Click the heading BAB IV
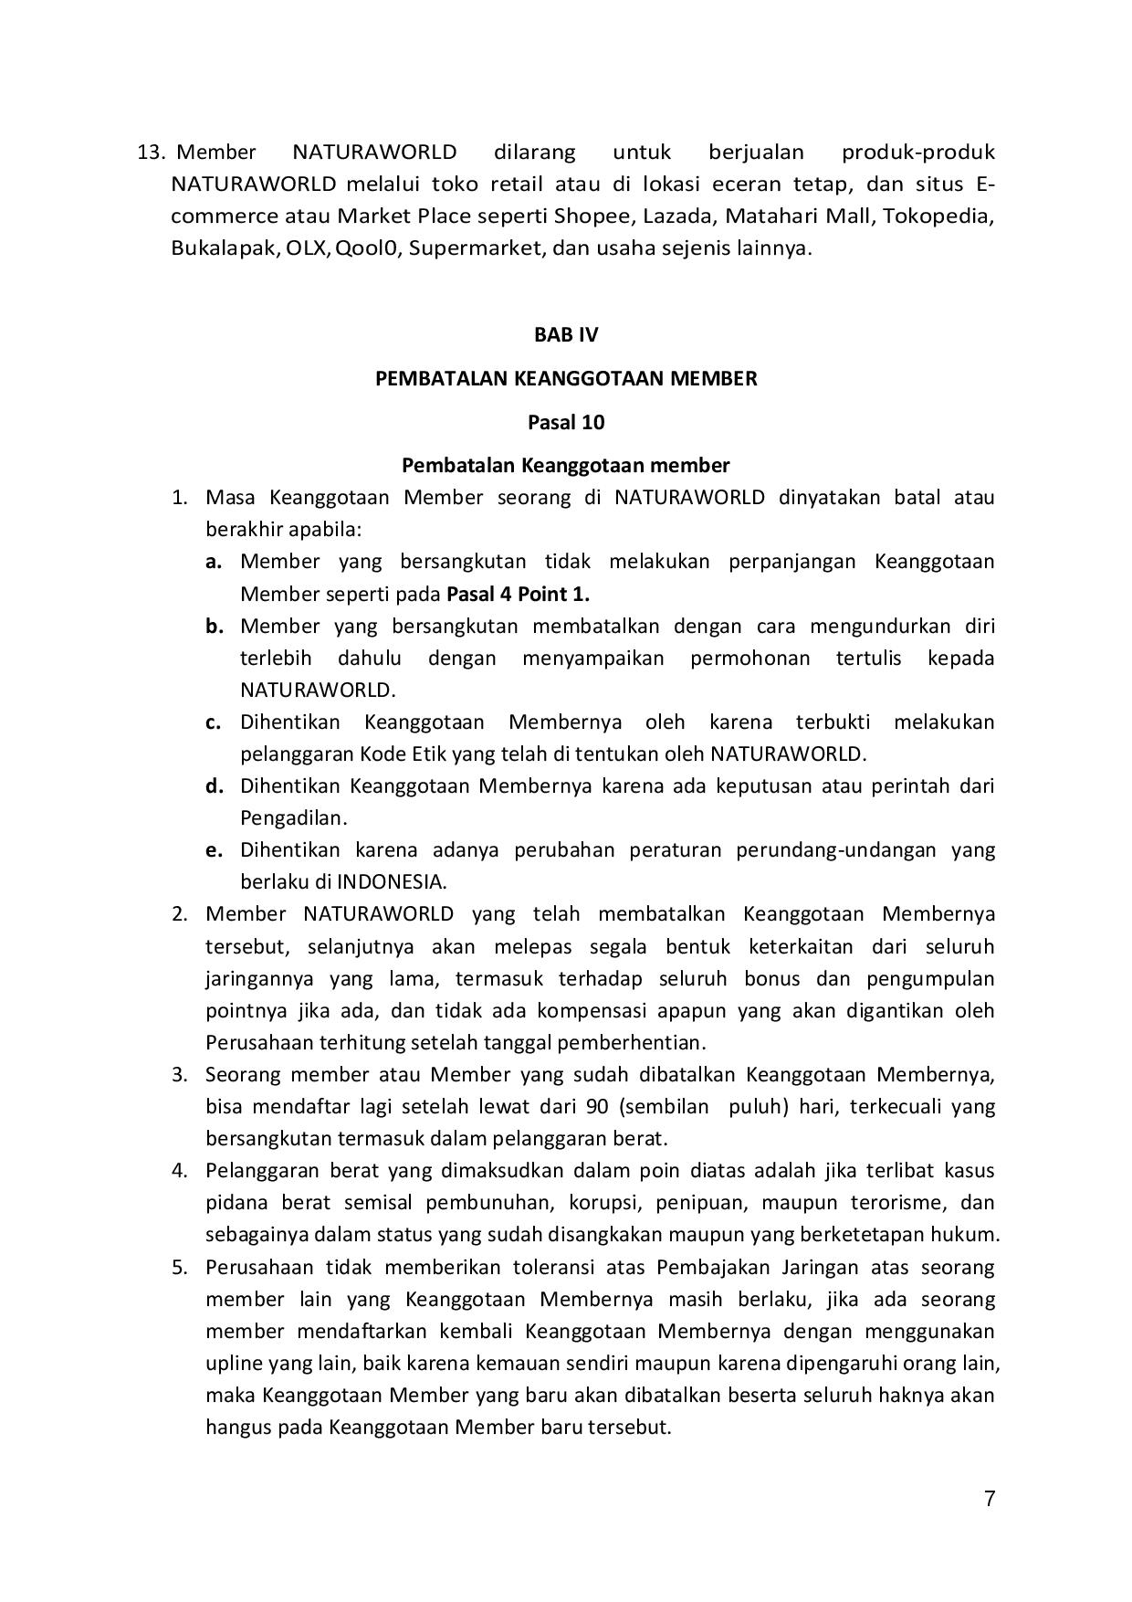point(566,334)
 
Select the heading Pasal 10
point(566,422)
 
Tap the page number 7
point(990,1498)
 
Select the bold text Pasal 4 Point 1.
point(518,594)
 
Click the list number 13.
point(150,152)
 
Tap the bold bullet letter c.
point(214,722)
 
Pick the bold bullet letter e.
point(214,850)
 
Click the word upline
point(234,1364)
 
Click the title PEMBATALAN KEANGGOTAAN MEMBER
point(566,378)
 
